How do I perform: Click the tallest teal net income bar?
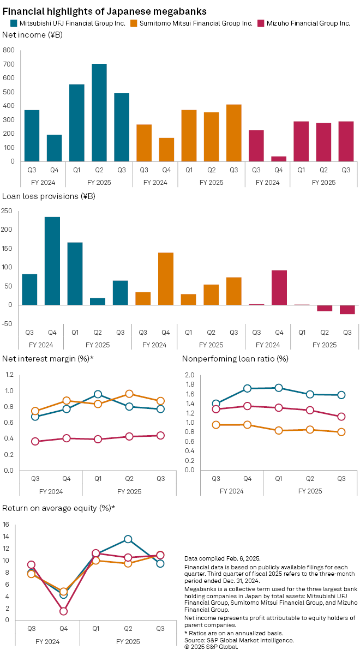pyautogui.click(x=99, y=112)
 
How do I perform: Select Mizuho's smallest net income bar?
pyautogui.click(x=279, y=159)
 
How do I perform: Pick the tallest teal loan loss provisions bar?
pyautogui.click(x=52, y=261)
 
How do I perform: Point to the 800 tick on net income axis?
pyautogui.click(x=9, y=50)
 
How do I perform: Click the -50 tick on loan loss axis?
pyautogui.click(x=7, y=324)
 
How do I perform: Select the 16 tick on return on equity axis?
pyautogui.click(x=7, y=525)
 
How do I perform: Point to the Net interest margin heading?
pyautogui.click(x=48, y=358)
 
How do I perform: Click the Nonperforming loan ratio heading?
pyautogui.click(x=235, y=358)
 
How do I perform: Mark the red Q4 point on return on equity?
pyautogui.click(x=64, y=611)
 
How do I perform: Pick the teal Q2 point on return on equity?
pyautogui.click(x=128, y=539)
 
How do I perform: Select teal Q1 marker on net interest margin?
pyautogui.click(x=98, y=394)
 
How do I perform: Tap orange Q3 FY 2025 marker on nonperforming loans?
pyautogui.click(x=341, y=432)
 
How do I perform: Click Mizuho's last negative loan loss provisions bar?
pyautogui.click(x=347, y=310)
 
